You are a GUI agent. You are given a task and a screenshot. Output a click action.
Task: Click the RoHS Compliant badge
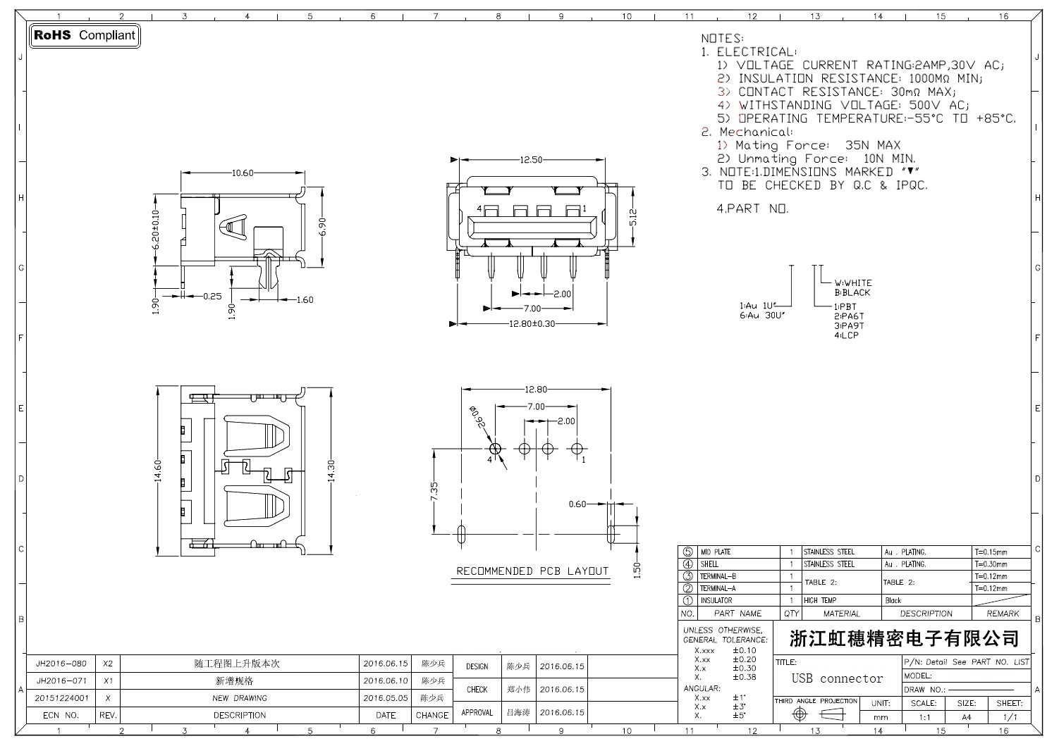pos(85,35)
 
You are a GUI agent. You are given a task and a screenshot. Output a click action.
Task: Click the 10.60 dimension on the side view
pos(242,173)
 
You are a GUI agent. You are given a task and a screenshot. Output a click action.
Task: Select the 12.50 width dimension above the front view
pos(531,160)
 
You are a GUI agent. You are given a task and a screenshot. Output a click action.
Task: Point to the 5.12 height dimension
pos(632,217)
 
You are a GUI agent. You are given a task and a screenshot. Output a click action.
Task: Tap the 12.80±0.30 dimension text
pos(532,324)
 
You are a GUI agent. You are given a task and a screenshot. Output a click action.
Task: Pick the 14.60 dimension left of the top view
pos(158,471)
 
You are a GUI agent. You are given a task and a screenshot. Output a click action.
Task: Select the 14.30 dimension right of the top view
pos(330,471)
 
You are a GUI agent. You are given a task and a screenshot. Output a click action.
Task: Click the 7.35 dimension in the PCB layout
pos(434,492)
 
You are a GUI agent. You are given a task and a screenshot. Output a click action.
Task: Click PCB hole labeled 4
pos(494,448)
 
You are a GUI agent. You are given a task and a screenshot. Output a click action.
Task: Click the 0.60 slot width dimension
pos(577,504)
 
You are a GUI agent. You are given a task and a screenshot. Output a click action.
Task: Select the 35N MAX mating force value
pos(873,145)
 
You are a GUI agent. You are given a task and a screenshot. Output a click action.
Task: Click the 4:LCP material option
pos(846,335)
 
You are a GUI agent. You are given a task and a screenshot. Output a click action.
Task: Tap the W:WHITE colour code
pos(853,283)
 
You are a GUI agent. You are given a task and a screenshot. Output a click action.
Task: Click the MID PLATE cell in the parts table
pos(715,552)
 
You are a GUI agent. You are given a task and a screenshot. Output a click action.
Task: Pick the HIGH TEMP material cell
pos(820,601)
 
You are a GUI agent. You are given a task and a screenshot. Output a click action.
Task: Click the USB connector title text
pos(837,678)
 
